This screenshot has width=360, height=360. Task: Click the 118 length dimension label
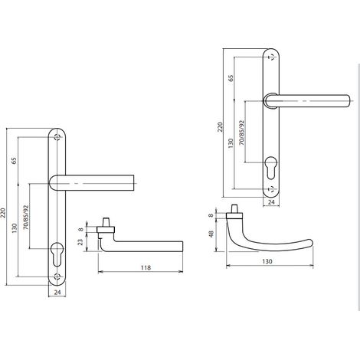pyautogui.click(x=146, y=267)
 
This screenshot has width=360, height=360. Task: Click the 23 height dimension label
pyautogui.click(x=80, y=242)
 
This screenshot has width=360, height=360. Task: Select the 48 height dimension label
pyautogui.click(x=211, y=234)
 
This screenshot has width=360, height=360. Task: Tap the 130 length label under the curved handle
pyautogui.click(x=267, y=261)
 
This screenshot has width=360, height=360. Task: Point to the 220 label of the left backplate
pyautogui.click(x=3, y=213)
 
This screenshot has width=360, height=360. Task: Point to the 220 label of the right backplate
pyautogui.click(x=220, y=127)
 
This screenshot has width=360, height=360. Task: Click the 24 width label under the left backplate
pyautogui.click(x=57, y=292)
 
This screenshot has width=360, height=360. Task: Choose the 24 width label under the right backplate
pyautogui.click(x=271, y=202)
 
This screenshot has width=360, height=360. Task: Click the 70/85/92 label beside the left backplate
pyautogui.click(x=26, y=218)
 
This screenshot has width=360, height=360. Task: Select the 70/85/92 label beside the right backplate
pyautogui.click(x=241, y=133)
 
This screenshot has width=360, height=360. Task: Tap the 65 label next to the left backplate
pyautogui.click(x=14, y=161)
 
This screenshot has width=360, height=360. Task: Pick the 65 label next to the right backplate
pyautogui.click(x=231, y=78)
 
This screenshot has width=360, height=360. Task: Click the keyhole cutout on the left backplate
pyautogui.click(x=57, y=254)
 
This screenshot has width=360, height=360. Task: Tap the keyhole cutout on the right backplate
pyautogui.click(x=270, y=168)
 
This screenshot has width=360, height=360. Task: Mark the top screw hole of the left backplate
pyautogui.click(x=57, y=137)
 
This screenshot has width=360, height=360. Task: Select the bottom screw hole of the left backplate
pyautogui.click(x=57, y=277)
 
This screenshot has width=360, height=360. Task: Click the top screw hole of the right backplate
pyautogui.click(x=271, y=57)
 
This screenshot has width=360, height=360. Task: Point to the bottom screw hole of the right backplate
pyautogui.click(x=271, y=189)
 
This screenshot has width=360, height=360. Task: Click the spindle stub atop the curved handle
pyautogui.click(x=234, y=209)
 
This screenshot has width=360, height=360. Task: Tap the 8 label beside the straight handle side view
pyautogui.click(x=80, y=229)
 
